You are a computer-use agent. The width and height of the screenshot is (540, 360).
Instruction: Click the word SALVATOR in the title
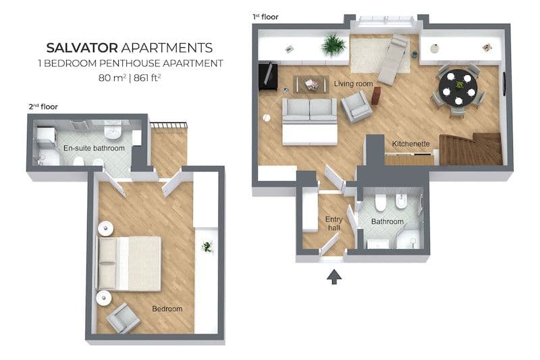click(82, 48)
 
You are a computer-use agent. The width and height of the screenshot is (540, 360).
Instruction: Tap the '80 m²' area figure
click(112, 78)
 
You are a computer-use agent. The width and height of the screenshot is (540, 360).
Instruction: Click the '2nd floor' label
click(43, 107)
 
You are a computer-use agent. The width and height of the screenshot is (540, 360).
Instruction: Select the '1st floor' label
click(265, 16)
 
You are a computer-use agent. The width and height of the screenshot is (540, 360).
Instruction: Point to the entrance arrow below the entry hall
click(334, 277)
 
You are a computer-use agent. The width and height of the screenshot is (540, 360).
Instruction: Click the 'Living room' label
click(353, 84)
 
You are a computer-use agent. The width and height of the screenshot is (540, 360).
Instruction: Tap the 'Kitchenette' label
click(411, 144)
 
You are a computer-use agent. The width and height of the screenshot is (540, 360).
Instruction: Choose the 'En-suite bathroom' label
click(94, 148)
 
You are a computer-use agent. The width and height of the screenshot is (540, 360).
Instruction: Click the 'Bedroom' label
click(167, 309)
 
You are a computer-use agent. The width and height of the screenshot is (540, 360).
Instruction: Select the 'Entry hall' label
click(333, 224)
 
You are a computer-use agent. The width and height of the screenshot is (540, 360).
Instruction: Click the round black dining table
click(458, 88)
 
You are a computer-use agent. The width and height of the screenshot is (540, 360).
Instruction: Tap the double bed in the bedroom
click(129, 263)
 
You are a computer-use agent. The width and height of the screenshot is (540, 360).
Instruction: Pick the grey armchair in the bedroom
click(123, 318)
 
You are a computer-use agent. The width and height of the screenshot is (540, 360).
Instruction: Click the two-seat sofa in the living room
click(309, 111)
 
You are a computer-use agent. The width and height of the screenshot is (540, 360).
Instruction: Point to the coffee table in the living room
click(310, 84)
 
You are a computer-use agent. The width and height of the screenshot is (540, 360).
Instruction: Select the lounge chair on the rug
click(393, 59)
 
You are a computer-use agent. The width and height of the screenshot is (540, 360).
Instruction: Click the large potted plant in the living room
click(333, 45)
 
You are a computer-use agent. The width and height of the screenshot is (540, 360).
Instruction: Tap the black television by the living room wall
click(268, 76)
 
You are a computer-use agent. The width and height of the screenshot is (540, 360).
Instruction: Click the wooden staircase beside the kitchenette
click(470, 149)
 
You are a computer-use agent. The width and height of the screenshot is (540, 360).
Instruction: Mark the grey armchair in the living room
click(356, 107)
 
